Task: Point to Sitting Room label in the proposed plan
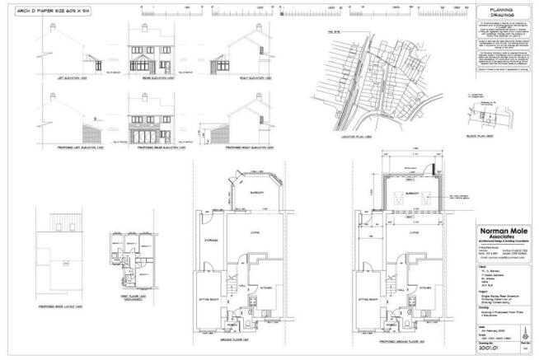tap(363, 298)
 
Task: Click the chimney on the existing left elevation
tap(55, 27)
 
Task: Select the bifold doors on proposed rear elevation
tap(148, 133)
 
